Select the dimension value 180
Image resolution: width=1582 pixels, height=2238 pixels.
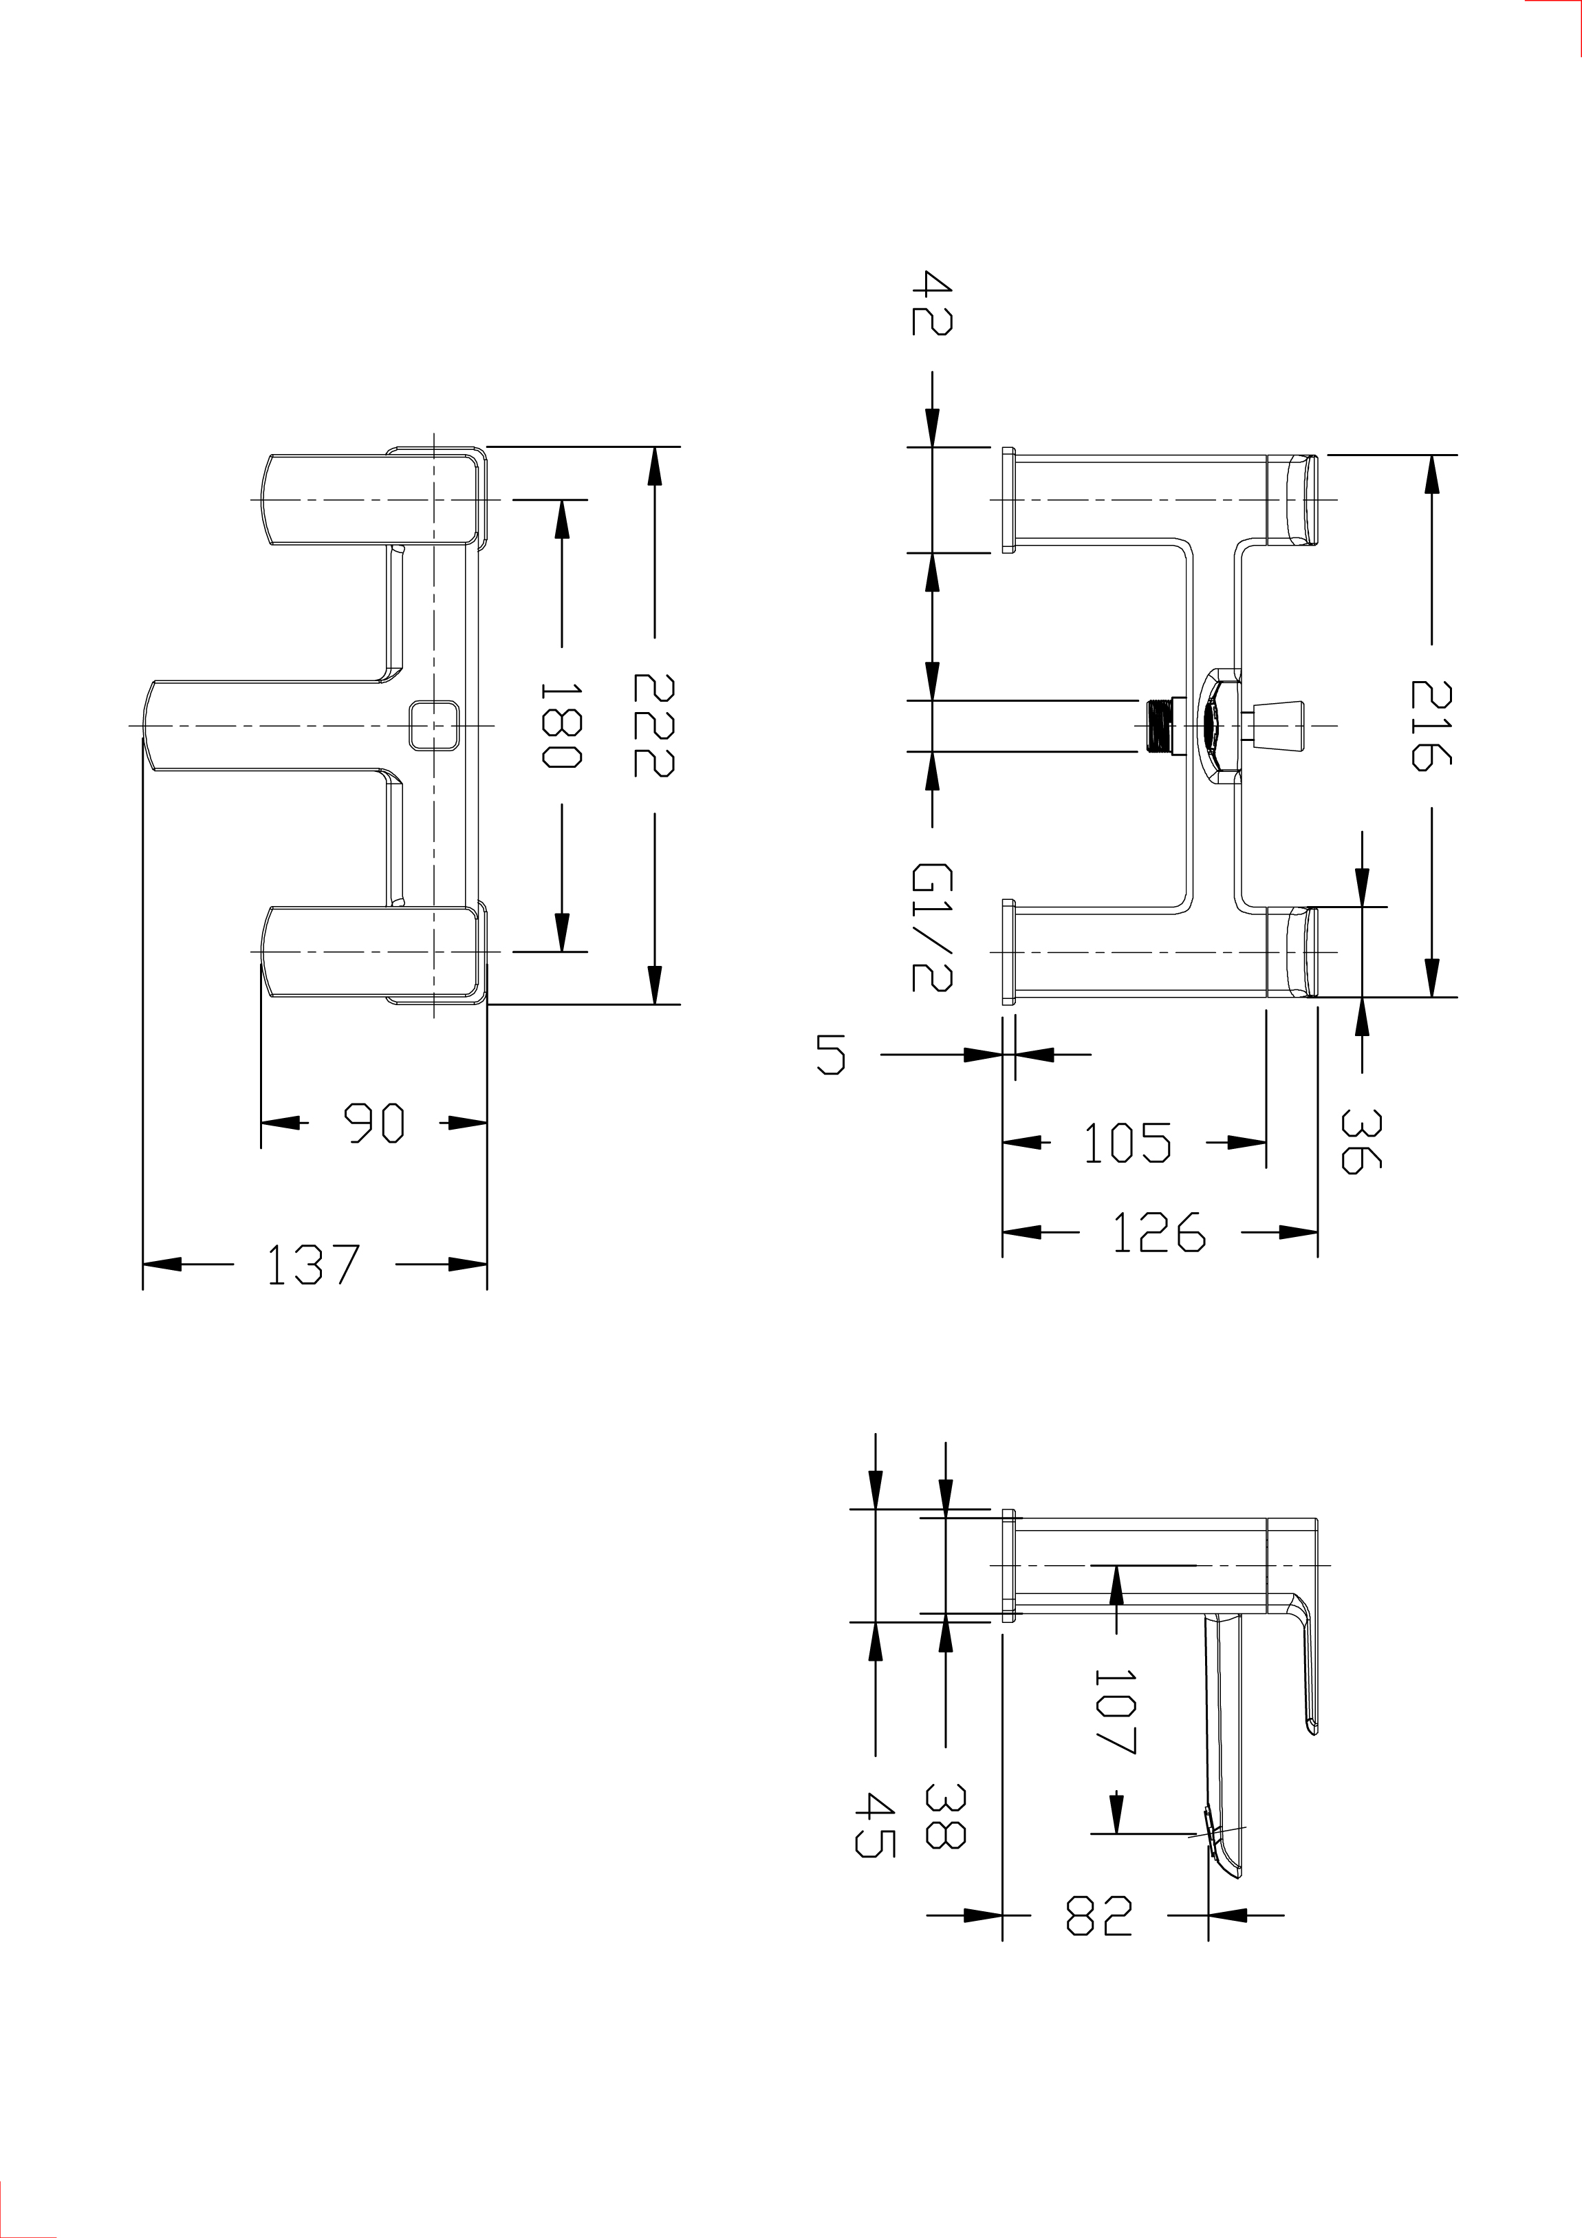tap(561, 724)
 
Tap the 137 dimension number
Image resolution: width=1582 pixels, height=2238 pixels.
tap(313, 1265)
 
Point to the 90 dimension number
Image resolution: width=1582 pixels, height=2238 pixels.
tap(374, 1124)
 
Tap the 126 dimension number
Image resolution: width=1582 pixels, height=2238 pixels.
tap(1159, 1233)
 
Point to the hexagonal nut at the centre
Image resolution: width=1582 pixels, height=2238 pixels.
tap(1218, 725)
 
